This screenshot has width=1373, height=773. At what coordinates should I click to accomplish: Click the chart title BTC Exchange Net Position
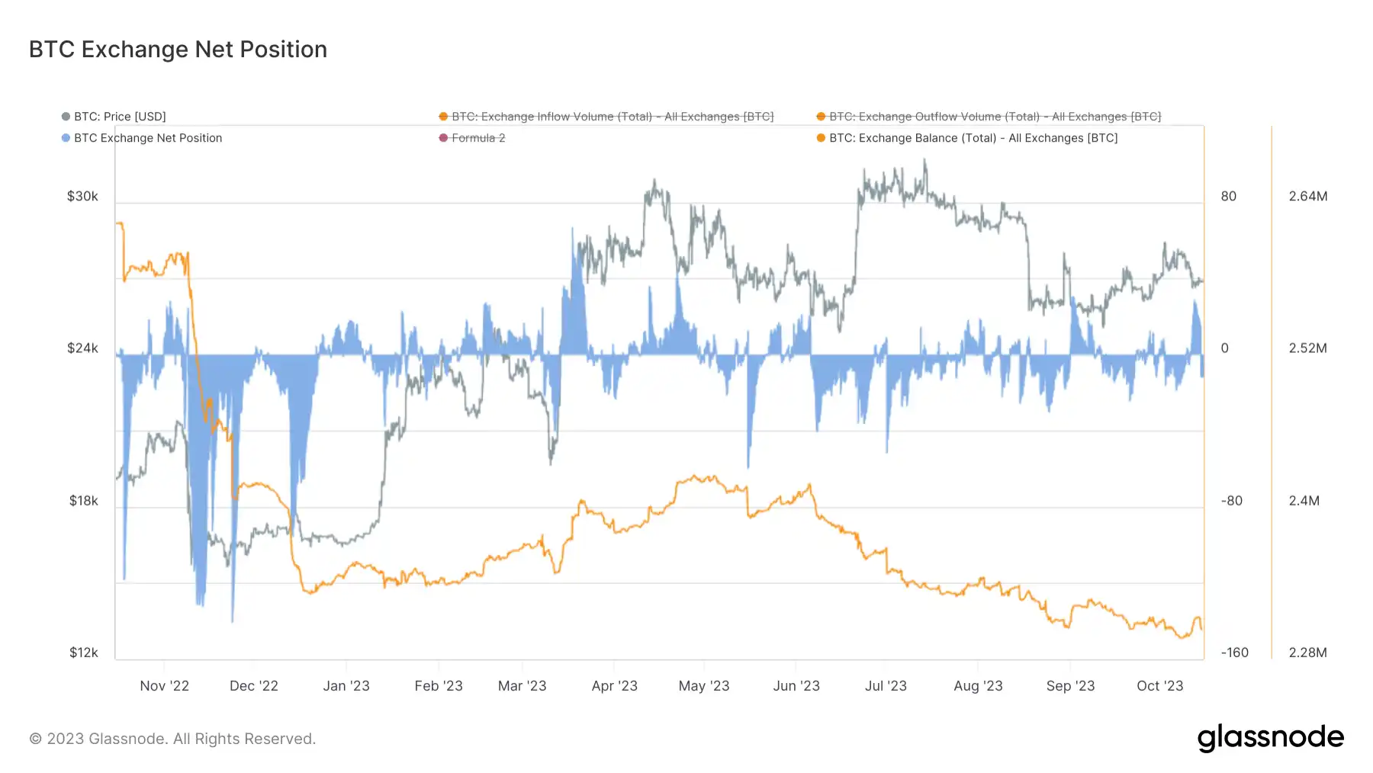coord(178,50)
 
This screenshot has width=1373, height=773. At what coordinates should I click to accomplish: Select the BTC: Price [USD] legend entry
coord(120,117)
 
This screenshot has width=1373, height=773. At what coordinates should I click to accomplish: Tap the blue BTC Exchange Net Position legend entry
coord(148,138)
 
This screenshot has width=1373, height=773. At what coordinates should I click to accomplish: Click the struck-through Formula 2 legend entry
coord(478,138)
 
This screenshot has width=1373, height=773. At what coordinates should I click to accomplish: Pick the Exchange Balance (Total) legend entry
coord(973,138)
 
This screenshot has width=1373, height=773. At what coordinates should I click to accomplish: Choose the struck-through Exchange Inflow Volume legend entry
coord(613,117)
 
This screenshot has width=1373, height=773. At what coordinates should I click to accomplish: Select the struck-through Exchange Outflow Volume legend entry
coord(995,117)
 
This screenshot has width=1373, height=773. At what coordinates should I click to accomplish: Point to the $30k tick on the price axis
coord(82,197)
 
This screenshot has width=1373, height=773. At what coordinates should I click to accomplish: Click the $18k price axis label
coord(84,501)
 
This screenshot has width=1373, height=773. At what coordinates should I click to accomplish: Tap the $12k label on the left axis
coord(84,653)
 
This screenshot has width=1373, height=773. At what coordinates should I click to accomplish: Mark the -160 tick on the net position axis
coord(1235,653)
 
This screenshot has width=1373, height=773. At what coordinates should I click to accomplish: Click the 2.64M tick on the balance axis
coord(1308,197)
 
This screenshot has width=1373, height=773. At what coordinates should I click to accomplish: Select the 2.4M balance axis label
coord(1304,501)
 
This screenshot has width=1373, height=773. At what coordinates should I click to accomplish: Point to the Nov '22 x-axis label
coord(165,686)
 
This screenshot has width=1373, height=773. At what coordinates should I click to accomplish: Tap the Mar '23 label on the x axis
coord(523,686)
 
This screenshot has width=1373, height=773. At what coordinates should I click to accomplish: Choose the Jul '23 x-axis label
coord(886,686)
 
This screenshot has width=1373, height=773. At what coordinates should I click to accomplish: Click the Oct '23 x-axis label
coord(1159,686)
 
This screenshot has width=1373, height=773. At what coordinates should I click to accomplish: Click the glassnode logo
coord(1271,738)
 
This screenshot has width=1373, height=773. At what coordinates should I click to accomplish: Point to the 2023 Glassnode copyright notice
coord(172,739)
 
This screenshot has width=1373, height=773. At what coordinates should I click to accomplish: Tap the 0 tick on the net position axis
coord(1225,348)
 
